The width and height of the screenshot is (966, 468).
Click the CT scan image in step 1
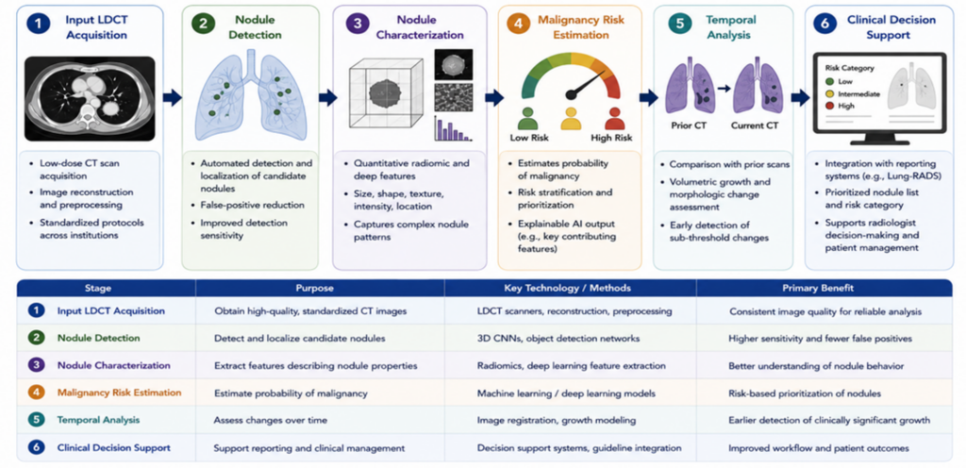coord(90,98)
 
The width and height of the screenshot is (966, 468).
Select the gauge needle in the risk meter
coord(586,84)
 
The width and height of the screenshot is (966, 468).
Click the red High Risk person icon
coord(615,118)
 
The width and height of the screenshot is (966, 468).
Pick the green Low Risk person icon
coord(528,118)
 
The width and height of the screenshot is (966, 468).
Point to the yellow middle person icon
coord(571,118)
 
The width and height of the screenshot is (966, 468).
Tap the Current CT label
coord(755,125)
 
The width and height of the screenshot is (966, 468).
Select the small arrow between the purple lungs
coord(724,89)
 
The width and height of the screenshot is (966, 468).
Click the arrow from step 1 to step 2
coord(173,97)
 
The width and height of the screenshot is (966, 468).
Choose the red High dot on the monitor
coord(829,106)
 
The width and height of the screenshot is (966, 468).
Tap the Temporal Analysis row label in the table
coord(98,420)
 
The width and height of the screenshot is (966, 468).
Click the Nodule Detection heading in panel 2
coord(250,27)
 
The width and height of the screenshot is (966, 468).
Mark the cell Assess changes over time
coord(272,420)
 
